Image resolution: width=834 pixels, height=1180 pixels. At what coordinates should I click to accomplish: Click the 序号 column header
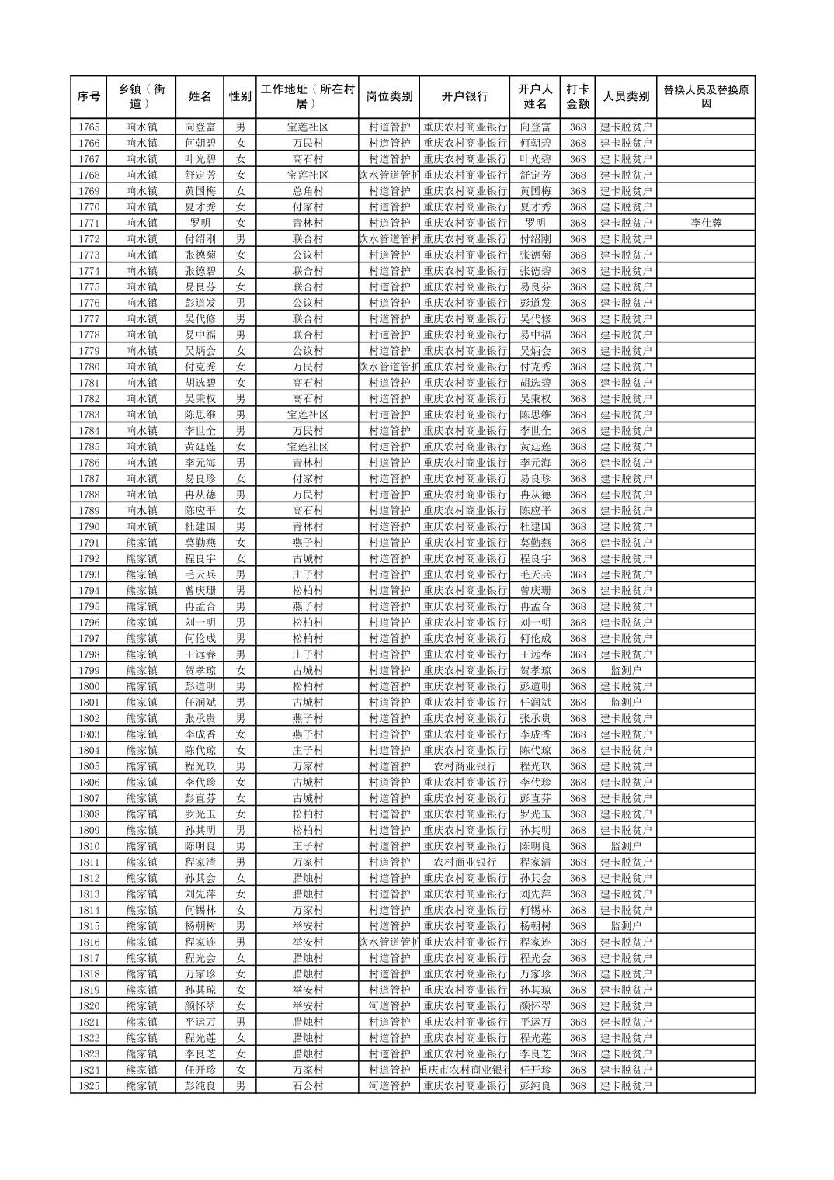pyautogui.click(x=89, y=97)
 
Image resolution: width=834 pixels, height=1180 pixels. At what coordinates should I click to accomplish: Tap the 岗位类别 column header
pyautogui.click(x=389, y=97)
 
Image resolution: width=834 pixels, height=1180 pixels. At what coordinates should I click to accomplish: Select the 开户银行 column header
pyautogui.click(x=464, y=97)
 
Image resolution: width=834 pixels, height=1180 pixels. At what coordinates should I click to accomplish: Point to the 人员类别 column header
pyautogui.click(x=626, y=97)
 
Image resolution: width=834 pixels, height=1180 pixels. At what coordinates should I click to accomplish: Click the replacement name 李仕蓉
pyautogui.click(x=706, y=223)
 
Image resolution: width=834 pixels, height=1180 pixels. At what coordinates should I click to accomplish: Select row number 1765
pyautogui.click(x=89, y=127)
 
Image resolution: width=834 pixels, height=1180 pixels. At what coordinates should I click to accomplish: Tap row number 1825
pyautogui.click(x=89, y=1086)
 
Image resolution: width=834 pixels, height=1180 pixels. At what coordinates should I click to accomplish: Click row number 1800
pyautogui.click(x=89, y=686)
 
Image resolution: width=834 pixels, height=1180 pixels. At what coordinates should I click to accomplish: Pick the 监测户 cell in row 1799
pyautogui.click(x=626, y=670)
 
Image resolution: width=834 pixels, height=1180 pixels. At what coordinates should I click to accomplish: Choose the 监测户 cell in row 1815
pyautogui.click(x=626, y=926)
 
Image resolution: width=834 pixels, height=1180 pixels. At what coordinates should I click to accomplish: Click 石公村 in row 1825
pyautogui.click(x=308, y=1086)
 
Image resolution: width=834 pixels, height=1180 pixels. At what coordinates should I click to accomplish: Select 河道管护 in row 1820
pyautogui.click(x=389, y=1006)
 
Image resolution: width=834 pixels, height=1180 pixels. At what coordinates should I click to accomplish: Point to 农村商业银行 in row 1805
pyautogui.click(x=464, y=766)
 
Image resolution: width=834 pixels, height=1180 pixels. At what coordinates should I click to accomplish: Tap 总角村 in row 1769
pyautogui.click(x=308, y=191)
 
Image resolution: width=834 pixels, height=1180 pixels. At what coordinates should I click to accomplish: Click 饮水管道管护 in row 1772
pyautogui.click(x=389, y=239)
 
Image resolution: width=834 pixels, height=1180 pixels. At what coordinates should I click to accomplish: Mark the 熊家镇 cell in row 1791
pyautogui.click(x=141, y=543)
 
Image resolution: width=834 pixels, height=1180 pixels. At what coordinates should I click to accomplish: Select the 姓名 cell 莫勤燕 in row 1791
pyautogui.click(x=200, y=543)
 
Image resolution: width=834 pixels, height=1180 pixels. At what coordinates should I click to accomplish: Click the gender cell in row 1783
pyautogui.click(x=241, y=415)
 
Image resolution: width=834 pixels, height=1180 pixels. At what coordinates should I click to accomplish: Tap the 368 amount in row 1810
pyautogui.click(x=578, y=846)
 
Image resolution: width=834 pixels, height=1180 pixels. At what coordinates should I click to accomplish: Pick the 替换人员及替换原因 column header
pyautogui.click(x=706, y=97)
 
